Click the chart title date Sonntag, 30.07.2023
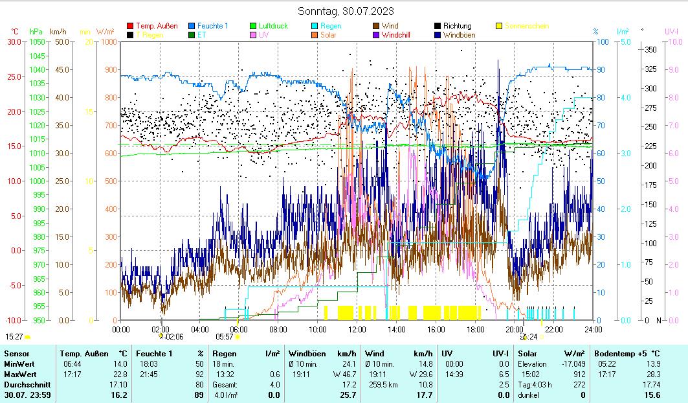click(346, 11)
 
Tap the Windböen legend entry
click(461, 35)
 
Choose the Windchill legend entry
click(400, 35)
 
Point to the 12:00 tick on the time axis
click(357, 329)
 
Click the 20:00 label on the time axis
click(515, 329)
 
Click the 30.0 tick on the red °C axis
click(14, 42)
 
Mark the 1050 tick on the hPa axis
click(37, 42)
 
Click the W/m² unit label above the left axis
click(105, 31)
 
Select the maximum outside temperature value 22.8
click(119, 374)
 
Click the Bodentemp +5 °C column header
click(627, 353)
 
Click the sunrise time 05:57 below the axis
click(224, 336)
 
